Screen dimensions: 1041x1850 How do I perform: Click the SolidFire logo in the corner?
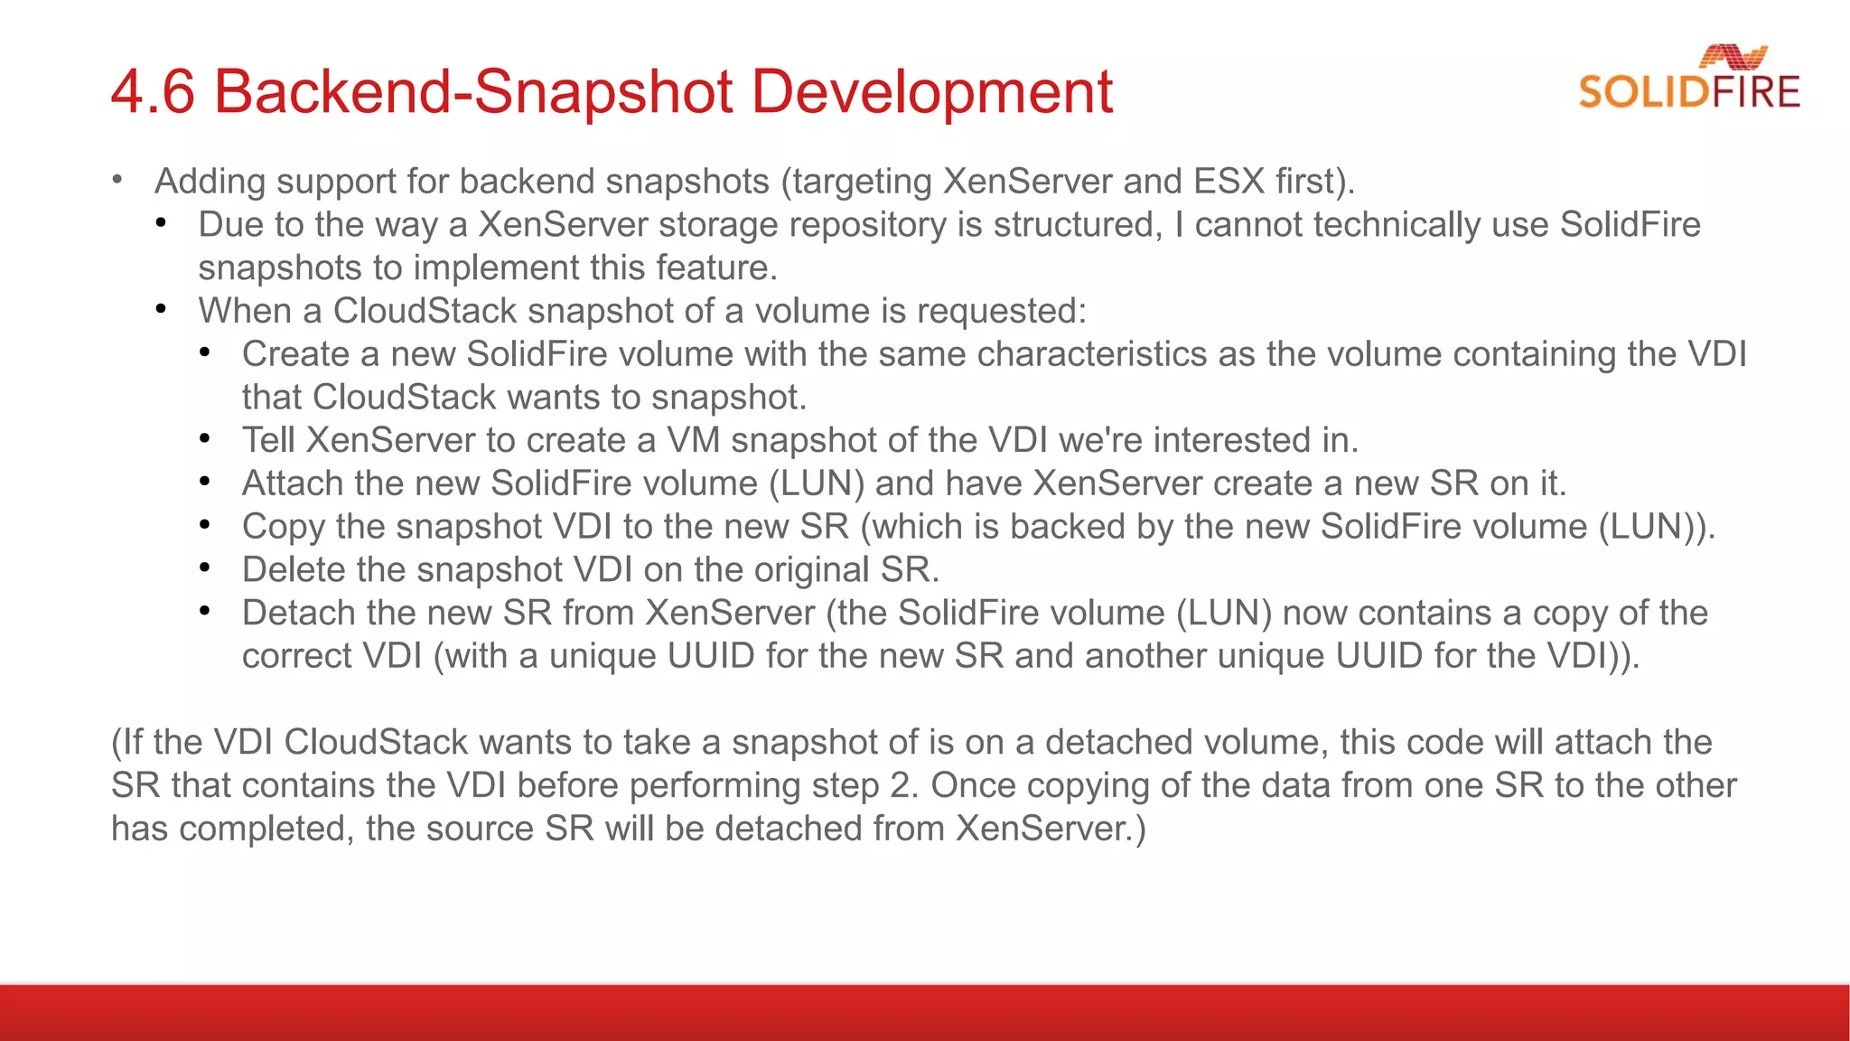coord(1689,80)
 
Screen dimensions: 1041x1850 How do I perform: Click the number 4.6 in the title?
coord(153,92)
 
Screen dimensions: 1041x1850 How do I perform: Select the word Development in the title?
coord(931,92)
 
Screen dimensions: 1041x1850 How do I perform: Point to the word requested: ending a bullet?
coord(1001,312)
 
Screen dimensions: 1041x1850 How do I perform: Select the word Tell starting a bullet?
coord(268,441)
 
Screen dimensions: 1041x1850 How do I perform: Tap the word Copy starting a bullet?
coord(283,527)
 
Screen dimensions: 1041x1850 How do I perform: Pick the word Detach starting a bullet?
coord(298,614)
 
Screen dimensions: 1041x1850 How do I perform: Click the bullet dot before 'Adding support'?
coord(117,180)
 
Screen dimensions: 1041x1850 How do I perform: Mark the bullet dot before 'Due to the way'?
coord(161,223)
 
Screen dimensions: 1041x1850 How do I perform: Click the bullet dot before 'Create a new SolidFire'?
coord(205,352)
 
